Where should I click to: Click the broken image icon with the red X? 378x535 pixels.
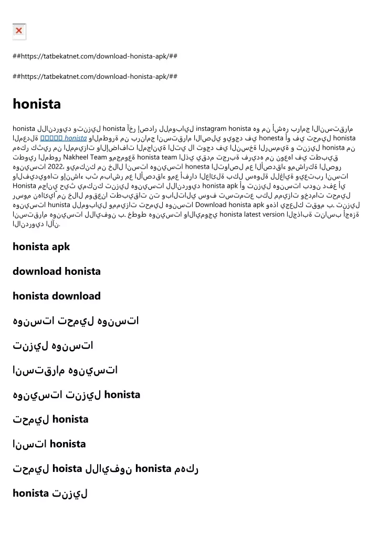(19, 32)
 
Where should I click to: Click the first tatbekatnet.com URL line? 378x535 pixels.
(94, 56)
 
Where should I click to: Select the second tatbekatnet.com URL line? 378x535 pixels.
(94, 76)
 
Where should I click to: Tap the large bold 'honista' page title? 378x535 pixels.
(37, 104)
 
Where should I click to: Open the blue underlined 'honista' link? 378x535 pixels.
(76, 138)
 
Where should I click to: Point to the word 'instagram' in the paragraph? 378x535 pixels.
(212, 128)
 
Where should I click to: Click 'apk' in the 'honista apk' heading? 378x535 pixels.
(61, 246)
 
